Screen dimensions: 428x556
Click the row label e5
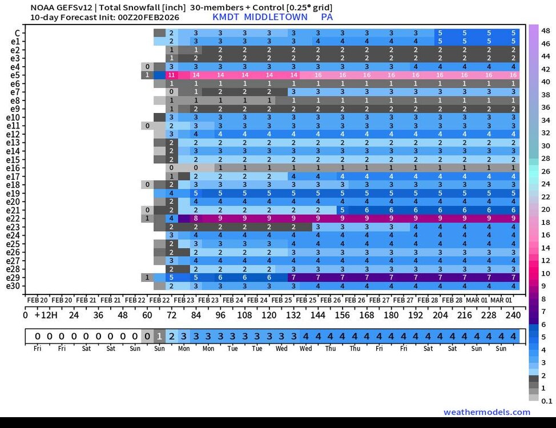click(15, 75)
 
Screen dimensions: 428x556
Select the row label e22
click(14, 218)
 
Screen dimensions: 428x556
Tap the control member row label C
click(18, 33)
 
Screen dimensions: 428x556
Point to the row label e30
click(14, 286)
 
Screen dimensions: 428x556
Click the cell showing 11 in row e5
click(171, 75)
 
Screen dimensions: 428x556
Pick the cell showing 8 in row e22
click(195, 218)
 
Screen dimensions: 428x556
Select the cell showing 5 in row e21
click(342, 210)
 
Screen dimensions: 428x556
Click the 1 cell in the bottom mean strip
click(159, 336)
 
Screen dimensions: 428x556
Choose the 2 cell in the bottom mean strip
click(171, 336)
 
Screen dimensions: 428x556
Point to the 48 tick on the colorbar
click(545, 30)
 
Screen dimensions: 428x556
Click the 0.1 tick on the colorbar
click(546, 401)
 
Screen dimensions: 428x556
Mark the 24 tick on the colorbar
click(545, 184)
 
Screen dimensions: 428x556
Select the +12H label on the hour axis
click(44, 315)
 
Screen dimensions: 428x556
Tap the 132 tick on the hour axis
click(293, 315)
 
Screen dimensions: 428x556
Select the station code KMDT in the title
click(225, 17)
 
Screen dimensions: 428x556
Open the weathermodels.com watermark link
click(486, 412)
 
